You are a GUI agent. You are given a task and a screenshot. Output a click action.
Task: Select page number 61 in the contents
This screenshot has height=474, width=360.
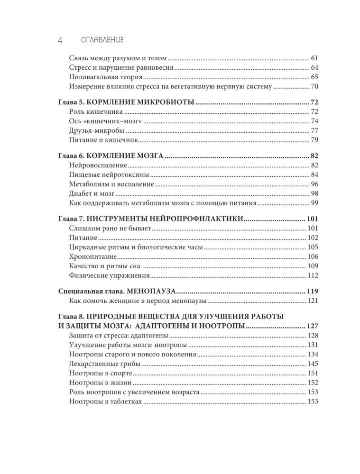[314, 57]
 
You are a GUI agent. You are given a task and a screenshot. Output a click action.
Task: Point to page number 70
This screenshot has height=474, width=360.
[314, 86]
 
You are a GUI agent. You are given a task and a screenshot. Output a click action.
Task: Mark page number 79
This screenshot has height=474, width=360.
[314, 140]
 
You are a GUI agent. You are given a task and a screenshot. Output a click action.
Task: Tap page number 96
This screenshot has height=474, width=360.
[314, 184]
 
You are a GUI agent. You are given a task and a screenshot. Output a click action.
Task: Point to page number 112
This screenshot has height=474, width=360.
[312, 275]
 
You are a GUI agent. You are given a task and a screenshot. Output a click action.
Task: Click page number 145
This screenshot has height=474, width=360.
[312, 363]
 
